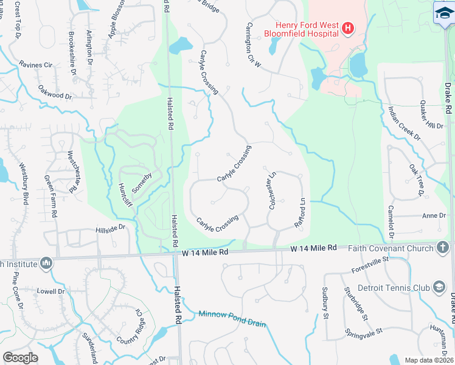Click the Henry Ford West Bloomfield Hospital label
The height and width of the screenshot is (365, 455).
point(301,28)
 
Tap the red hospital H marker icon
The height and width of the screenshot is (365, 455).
point(348,28)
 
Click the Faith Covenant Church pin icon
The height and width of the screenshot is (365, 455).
point(442,248)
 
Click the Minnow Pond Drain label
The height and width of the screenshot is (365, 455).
point(232,319)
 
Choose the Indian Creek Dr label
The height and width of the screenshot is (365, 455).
point(405,123)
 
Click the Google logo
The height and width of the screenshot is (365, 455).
point(21,358)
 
